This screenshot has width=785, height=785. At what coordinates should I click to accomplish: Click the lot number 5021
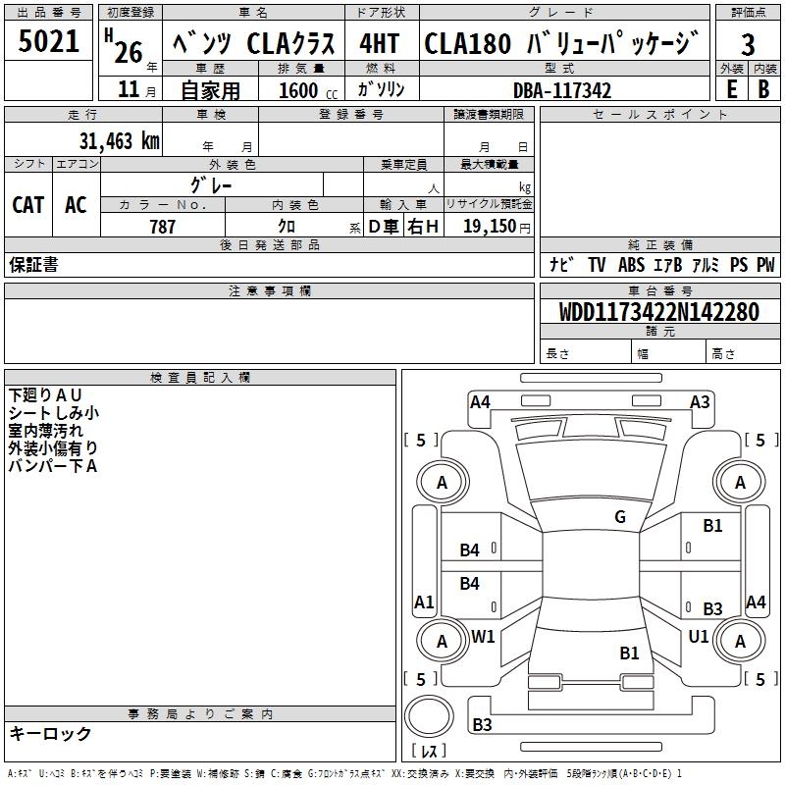(x=49, y=42)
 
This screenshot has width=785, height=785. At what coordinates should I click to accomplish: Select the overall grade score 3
(x=748, y=45)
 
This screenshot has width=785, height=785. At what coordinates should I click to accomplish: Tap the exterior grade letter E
(x=730, y=88)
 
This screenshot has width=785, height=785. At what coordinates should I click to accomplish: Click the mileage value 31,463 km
(x=119, y=141)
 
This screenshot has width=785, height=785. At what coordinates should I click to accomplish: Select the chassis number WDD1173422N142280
(x=658, y=312)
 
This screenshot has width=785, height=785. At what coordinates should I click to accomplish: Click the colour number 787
(x=162, y=227)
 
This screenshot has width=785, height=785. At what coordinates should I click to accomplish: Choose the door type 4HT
(x=381, y=44)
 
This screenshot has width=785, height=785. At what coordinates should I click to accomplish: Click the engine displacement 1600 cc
(x=298, y=90)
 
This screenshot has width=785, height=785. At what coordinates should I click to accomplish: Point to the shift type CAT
(x=27, y=204)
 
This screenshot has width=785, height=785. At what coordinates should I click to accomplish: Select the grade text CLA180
(x=467, y=44)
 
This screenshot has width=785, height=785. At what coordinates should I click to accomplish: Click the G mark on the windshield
(x=619, y=517)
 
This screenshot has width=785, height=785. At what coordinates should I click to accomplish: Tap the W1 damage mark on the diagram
(x=483, y=636)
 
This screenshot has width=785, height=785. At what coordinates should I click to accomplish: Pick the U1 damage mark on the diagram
(x=698, y=636)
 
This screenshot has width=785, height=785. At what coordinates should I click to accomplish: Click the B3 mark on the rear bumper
(x=482, y=725)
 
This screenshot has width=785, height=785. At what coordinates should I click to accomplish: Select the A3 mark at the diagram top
(x=700, y=401)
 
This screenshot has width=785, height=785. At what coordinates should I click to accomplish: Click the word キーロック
(x=50, y=733)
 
